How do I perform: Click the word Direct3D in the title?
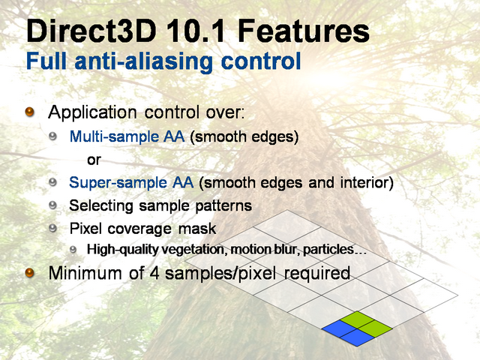coord(91,31)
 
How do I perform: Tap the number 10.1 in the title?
coord(196,31)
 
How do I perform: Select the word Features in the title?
coord(303,31)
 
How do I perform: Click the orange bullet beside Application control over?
coord(29,112)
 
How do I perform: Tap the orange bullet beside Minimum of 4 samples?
coord(29,272)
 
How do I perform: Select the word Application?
coord(92,113)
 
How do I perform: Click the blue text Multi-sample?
coord(112,136)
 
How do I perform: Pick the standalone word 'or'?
coord(94,160)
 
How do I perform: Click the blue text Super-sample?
coord(118,183)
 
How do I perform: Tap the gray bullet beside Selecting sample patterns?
coord(52,205)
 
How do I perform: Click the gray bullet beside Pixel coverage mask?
coord(52,228)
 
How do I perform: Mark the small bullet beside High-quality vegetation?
coord(73,250)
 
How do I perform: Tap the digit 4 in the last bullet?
coord(154,273)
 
